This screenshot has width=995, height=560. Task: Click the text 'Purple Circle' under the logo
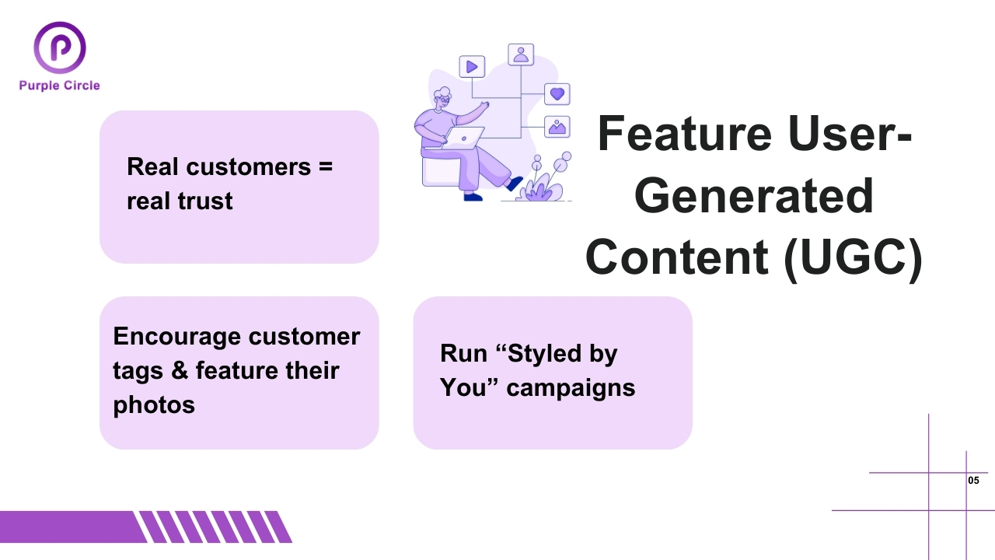pyautogui.click(x=60, y=86)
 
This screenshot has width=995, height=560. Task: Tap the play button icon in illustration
pyautogui.click(x=472, y=67)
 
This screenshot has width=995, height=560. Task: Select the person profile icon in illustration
pyautogui.click(x=521, y=54)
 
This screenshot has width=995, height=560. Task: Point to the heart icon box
pyautogui.click(x=557, y=94)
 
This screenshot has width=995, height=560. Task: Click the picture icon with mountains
pyautogui.click(x=557, y=127)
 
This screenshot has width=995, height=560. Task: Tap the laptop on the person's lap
pyautogui.click(x=465, y=139)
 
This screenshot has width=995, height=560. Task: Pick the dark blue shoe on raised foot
pyautogui.click(x=514, y=184)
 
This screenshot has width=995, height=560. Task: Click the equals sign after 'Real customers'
pyautogui.click(x=325, y=166)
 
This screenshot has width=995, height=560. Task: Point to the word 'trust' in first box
pyautogui.click(x=205, y=201)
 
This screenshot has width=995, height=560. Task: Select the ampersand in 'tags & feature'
pyautogui.click(x=180, y=370)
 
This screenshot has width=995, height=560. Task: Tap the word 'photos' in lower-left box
pyautogui.click(x=154, y=404)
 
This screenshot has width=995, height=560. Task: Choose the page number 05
pyautogui.click(x=973, y=481)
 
